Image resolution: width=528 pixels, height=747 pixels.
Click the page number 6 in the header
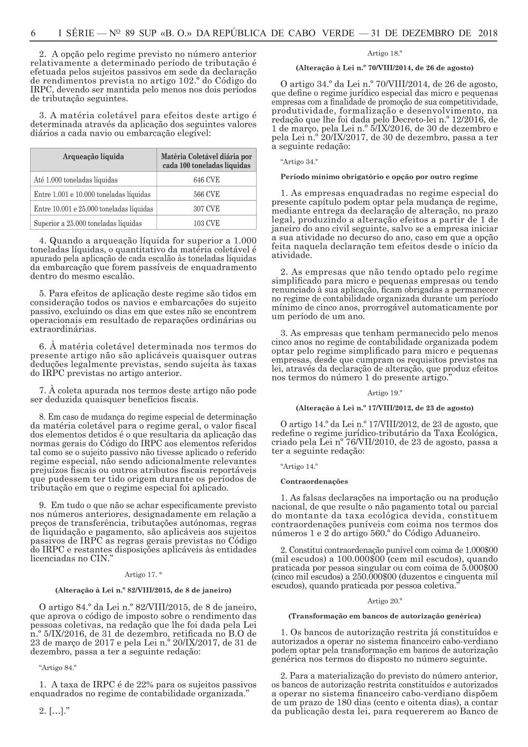pyautogui.click(x=33, y=33)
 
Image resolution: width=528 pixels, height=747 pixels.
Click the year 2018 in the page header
pyautogui.click(x=487, y=33)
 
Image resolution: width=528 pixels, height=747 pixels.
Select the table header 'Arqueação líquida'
pyautogui.click(x=93, y=157)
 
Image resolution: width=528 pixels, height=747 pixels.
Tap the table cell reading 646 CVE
pyautogui.click(x=206, y=180)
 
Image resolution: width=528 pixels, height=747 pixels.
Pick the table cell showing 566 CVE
pyautogui.click(x=206, y=194)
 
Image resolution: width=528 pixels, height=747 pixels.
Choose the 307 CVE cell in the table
pyautogui.click(x=206, y=209)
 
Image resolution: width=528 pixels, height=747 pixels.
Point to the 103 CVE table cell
pyautogui.click(x=206, y=223)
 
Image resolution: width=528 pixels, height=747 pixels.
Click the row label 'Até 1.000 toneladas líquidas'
pyautogui.click(x=76, y=180)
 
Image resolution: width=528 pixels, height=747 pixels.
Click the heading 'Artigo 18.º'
pyautogui.click(x=385, y=53)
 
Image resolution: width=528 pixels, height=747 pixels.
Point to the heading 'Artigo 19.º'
pyautogui.click(x=385, y=393)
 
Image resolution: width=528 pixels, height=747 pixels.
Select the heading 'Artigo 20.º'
pyautogui.click(x=385, y=601)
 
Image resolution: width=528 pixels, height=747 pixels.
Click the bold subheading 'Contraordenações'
pyautogui.click(x=307, y=481)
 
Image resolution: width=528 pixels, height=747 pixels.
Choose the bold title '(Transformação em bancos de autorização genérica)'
pyautogui.click(x=384, y=616)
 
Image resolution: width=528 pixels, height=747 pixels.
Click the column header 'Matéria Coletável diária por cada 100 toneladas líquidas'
pyautogui.click(x=206, y=161)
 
